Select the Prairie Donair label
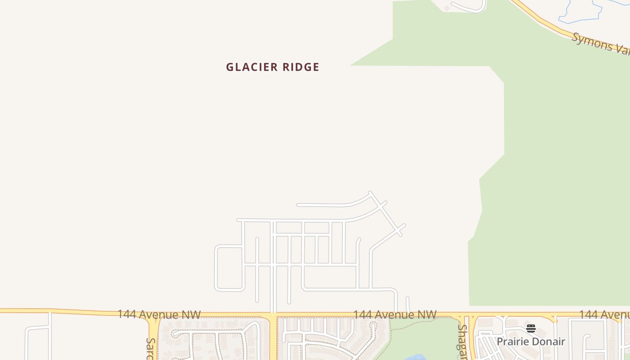click(531, 342)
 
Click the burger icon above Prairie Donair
click(531, 328)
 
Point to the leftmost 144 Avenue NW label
click(159, 314)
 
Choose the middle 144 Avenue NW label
click(395, 314)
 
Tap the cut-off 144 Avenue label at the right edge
click(604, 314)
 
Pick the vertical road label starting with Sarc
click(150, 349)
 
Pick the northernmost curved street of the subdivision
click(333, 205)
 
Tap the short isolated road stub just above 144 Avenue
click(408, 304)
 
